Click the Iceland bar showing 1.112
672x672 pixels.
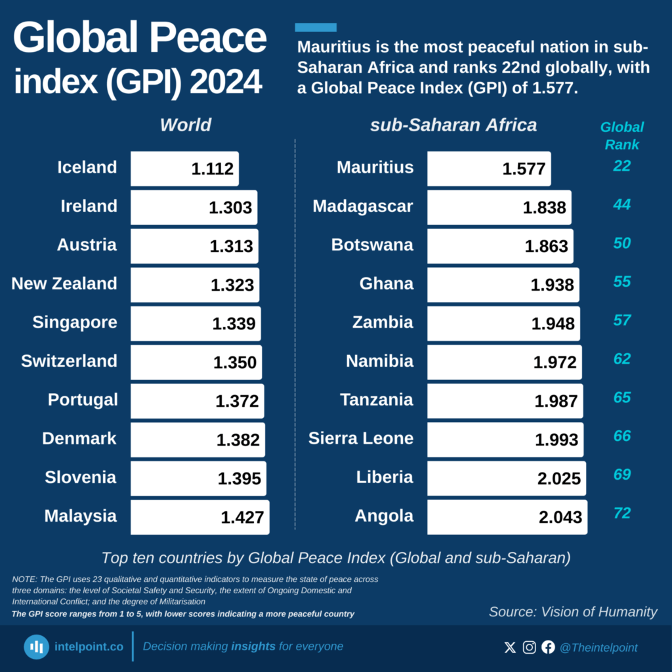[x=184, y=169]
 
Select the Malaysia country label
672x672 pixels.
[x=80, y=516]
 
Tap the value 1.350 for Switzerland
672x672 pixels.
[x=235, y=362]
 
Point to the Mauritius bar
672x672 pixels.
[x=488, y=169]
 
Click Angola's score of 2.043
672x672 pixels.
[x=560, y=517]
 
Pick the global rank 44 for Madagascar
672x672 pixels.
[x=621, y=205]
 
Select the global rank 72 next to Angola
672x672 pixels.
[x=621, y=513]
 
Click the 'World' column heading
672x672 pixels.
[x=186, y=125]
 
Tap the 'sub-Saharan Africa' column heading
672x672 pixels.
[x=453, y=125]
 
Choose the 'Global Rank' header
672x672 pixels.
[x=621, y=135]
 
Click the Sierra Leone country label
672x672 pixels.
[x=361, y=438]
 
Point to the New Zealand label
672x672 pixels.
[x=64, y=283]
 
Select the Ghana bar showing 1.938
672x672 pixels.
[x=503, y=285]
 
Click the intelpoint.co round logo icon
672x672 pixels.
[x=37, y=647]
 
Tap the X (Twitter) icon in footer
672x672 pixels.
[x=510, y=648]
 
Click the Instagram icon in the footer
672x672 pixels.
[x=529, y=648]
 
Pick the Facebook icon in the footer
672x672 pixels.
[x=548, y=648]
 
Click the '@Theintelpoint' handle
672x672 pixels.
[x=598, y=648]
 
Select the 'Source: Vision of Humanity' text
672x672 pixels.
[x=573, y=612]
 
